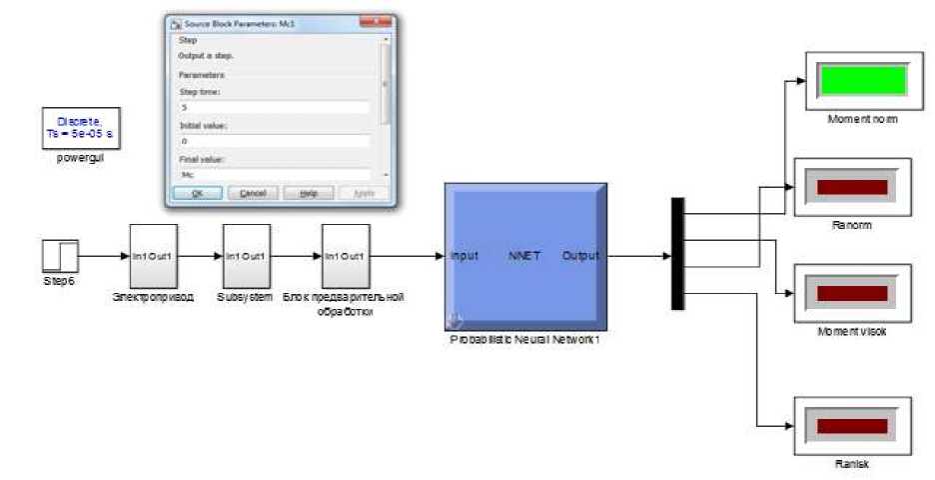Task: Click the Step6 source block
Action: point(60,256)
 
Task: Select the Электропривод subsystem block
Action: point(153,256)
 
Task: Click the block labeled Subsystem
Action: point(246,256)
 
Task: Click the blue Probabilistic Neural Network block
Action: point(524,256)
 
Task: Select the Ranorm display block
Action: point(852,187)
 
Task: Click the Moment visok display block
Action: point(852,293)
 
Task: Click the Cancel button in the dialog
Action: point(253,193)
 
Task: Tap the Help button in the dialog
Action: point(307,193)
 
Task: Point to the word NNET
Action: point(523,256)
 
